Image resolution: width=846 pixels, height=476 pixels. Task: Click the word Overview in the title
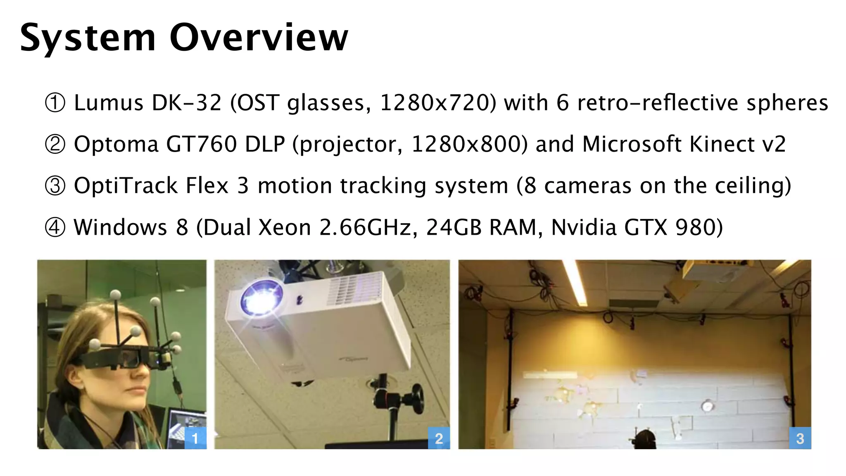(259, 38)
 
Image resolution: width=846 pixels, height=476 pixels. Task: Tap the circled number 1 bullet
(55, 103)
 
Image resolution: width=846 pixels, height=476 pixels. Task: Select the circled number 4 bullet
(55, 227)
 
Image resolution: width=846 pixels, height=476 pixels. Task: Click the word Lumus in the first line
(108, 103)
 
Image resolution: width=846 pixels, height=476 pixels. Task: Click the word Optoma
(116, 145)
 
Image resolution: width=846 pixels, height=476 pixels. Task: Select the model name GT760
(201, 145)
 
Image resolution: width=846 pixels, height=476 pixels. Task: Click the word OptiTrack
(126, 186)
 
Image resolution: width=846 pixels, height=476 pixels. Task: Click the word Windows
(120, 227)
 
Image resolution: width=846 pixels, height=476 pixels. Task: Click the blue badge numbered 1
(195, 438)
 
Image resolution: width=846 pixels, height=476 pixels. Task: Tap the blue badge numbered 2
(439, 438)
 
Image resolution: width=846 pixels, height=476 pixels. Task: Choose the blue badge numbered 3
(800, 438)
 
